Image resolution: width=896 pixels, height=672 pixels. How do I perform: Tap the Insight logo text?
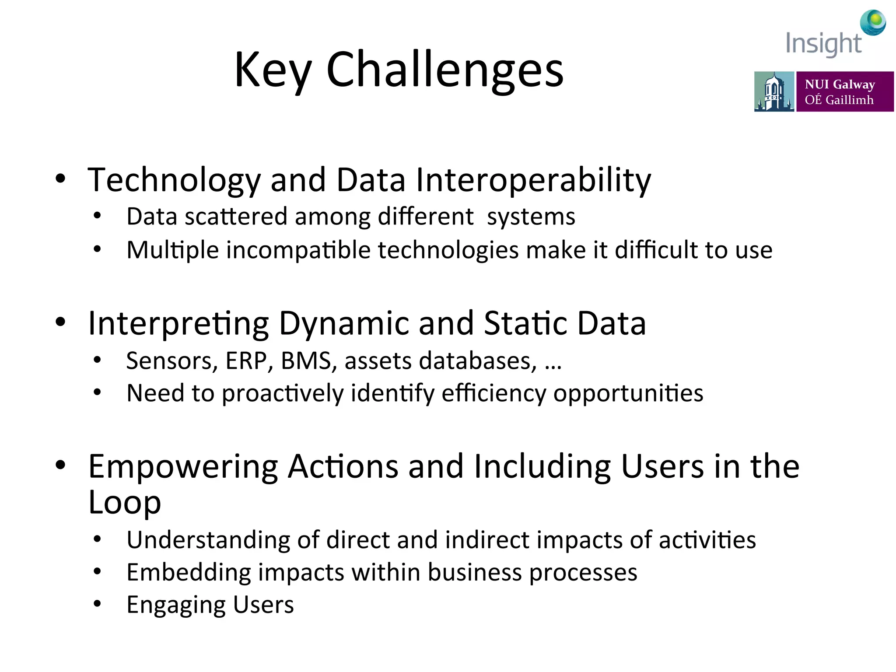click(823, 44)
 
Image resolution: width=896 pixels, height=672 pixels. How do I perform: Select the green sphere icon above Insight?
click(873, 22)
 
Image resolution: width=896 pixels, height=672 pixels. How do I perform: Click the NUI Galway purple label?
click(844, 91)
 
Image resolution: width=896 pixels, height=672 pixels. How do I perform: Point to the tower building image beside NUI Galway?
click(773, 91)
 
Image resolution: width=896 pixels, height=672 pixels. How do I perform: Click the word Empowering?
click(183, 466)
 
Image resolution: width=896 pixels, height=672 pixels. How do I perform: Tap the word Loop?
click(125, 502)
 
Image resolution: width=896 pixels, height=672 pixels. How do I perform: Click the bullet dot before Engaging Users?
click(97, 604)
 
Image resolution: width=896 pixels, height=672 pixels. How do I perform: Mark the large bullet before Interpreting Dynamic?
click(60, 322)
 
